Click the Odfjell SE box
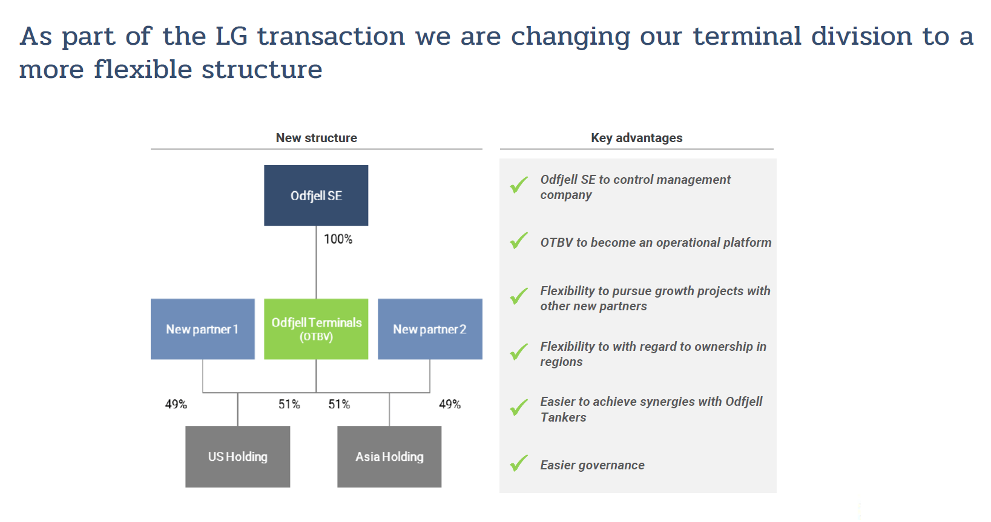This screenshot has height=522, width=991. coord(316,195)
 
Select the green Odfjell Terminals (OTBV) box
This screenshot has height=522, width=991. coord(316,329)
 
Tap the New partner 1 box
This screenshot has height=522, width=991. coord(203,329)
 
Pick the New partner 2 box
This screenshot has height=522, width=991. coord(430,329)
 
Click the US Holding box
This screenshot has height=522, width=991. coord(237,457)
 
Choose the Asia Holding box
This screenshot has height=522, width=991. coord(389,457)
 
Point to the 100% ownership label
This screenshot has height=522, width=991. coord(338,239)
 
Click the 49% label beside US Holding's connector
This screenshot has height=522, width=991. coord(176,404)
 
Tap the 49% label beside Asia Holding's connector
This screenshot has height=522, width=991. coord(449,404)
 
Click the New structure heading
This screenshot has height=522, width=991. coord(317,138)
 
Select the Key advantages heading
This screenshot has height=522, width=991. coord(637,138)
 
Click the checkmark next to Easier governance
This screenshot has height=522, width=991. coord(519,463)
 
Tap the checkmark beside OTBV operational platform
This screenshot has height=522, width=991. coord(519,240)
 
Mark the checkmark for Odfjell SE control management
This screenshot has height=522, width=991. coord(519,184)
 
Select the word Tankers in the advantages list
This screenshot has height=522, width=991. coord(563,417)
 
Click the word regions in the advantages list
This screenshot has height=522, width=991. coord(561,362)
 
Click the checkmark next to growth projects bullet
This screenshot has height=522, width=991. coord(519,296)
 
